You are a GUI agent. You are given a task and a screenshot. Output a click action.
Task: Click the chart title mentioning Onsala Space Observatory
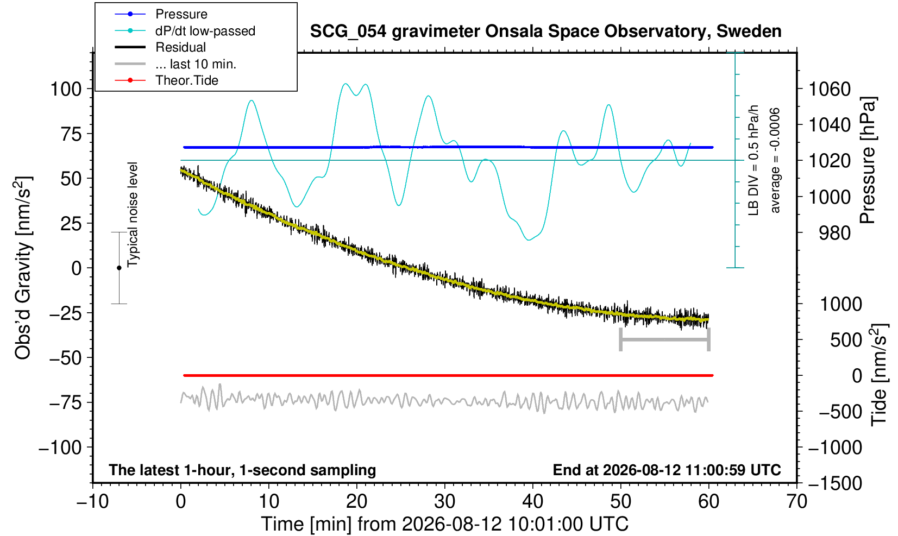click(545, 31)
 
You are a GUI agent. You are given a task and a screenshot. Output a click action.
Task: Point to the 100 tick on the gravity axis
click(66, 89)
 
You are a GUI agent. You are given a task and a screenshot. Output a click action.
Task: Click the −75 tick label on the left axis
click(65, 402)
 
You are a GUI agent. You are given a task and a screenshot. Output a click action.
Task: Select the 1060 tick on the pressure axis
click(830, 89)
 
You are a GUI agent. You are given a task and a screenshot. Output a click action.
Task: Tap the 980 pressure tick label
click(834, 233)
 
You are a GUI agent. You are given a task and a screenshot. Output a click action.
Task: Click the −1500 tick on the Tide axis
click(835, 483)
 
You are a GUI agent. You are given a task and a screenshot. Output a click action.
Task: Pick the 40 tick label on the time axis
click(533, 502)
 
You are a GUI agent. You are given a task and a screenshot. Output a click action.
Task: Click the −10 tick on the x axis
click(92, 502)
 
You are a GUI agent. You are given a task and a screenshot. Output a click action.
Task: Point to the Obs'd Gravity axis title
click(22, 268)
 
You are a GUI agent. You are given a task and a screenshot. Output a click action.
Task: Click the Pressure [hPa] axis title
click(868, 160)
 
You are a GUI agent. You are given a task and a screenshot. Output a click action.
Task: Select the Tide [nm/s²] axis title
click(880, 375)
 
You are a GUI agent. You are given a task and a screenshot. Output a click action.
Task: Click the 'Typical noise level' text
click(133, 215)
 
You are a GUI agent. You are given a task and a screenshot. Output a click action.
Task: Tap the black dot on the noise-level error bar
click(119, 268)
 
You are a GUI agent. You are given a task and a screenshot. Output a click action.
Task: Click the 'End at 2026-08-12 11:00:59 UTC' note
click(667, 470)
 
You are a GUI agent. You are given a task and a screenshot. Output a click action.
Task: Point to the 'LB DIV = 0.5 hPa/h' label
click(753, 160)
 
